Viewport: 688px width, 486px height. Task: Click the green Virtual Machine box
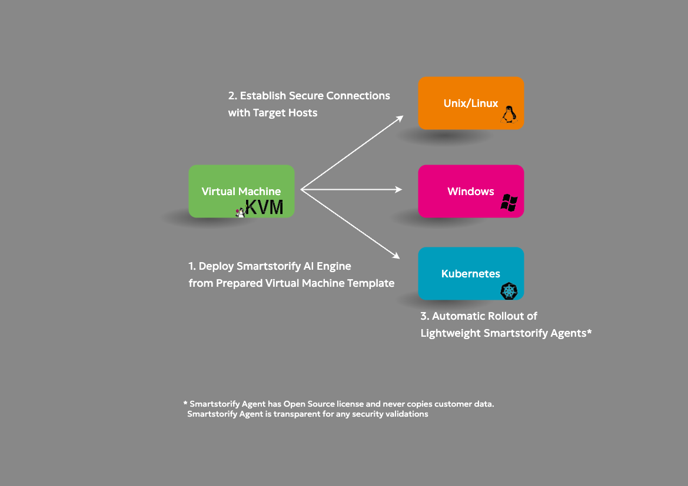pos(241,191)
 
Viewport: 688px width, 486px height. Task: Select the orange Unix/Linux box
pos(471,103)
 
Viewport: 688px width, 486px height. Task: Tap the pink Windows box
pos(471,191)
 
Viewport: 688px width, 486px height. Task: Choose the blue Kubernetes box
pos(471,273)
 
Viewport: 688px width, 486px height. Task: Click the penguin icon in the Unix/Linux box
pos(509,115)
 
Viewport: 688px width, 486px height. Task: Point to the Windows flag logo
pos(509,203)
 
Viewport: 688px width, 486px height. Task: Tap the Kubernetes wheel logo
pos(509,291)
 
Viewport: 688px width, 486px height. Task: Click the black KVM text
pos(264,207)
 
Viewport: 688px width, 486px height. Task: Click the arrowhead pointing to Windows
pos(398,189)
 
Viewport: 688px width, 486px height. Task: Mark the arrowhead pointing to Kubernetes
pos(395,256)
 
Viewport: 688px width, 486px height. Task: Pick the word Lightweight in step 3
pos(451,333)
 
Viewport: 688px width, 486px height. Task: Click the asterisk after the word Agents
pos(589,331)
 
